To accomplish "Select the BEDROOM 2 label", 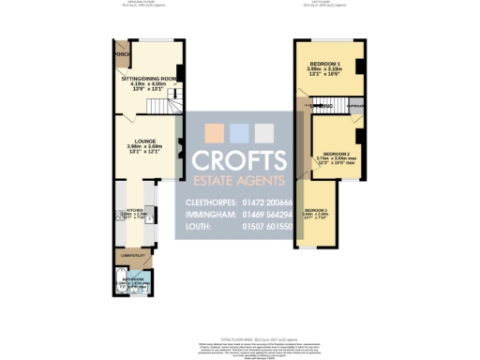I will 336,153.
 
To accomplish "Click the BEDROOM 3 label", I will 315,211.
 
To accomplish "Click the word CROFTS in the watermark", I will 239,159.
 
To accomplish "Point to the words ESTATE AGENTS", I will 239,180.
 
